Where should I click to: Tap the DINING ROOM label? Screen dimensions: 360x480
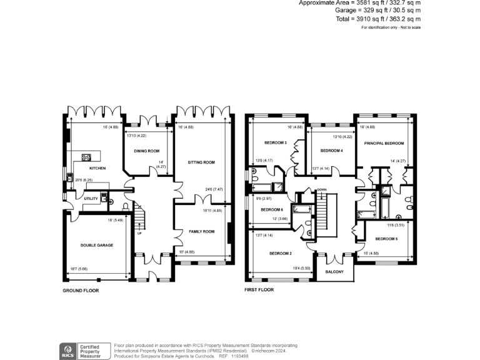click(147, 151)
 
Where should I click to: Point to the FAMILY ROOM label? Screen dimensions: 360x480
click(201, 231)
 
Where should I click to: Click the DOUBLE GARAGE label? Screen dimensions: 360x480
click(97, 245)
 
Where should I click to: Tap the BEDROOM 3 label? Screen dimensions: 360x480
click(276, 143)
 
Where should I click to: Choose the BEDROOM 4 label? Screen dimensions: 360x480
click(331, 151)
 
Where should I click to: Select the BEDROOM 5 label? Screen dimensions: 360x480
click(386, 239)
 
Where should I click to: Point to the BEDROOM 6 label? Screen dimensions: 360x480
click(272, 209)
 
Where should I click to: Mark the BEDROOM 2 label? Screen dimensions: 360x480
click(281, 253)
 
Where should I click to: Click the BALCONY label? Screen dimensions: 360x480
click(334, 271)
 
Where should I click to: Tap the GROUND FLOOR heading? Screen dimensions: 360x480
click(81, 291)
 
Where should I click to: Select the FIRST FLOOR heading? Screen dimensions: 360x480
click(260, 291)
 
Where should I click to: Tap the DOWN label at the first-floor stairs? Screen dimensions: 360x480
click(322, 189)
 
